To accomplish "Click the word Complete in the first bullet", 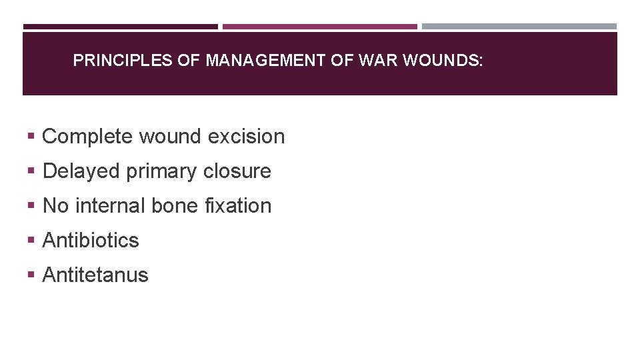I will [x=87, y=137].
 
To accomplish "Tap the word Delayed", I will [x=81, y=171].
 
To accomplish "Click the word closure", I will [x=237, y=171].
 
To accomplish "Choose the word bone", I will [x=175, y=206].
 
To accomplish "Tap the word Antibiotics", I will [x=91, y=241].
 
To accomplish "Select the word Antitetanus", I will [x=95, y=275].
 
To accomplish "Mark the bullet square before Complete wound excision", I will [x=31, y=137].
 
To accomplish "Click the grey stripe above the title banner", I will [x=519, y=27].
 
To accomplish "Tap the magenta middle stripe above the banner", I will [x=320, y=27].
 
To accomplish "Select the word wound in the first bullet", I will [x=171, y=137].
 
